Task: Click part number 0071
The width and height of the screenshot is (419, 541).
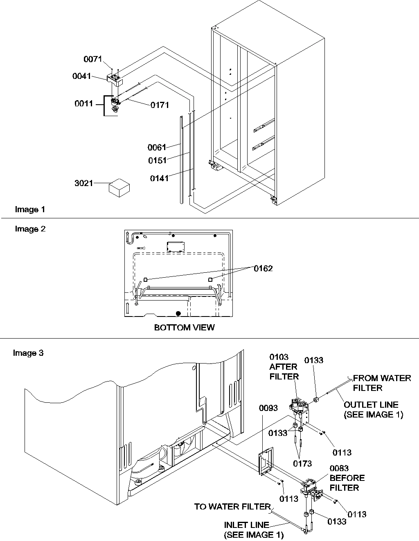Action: click(x=92, y=59)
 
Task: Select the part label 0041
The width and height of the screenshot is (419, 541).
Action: click(x=81, y=76)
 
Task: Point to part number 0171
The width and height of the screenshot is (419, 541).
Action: click(x=160, y=105)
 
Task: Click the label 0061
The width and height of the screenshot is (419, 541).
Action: click(x=157, y=147)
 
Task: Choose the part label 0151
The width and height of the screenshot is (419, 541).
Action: click(x=158, y=161)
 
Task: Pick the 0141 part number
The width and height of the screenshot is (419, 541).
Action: click(x=159, y=178)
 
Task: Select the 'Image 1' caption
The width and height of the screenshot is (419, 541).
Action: click(x=30, y=209)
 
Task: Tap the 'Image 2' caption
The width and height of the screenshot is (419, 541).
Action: click(x=30, y=229)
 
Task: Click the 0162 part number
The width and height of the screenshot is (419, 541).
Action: click(x=263, y=269)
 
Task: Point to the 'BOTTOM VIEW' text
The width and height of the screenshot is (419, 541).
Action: click(x=184, y=328)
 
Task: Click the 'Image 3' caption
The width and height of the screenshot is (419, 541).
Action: click(x=28, y=353)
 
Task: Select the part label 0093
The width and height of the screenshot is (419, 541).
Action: click(x=268, y=408)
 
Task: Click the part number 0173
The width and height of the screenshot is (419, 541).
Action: click(x=303, y=463)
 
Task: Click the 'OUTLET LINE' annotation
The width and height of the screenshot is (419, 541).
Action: click(x=371, y=405)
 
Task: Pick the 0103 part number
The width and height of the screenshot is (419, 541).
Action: click(x=279, y=357)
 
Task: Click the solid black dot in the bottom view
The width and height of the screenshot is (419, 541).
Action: click(x=178, y=314)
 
